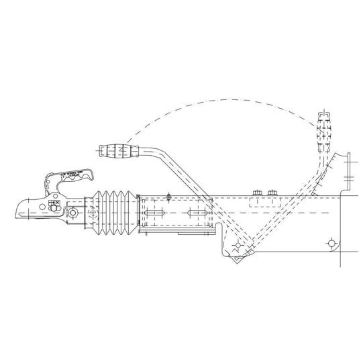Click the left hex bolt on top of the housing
coord(256,194)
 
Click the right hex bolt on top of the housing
coord(272,194)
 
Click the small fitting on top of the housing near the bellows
coord(169,196)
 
